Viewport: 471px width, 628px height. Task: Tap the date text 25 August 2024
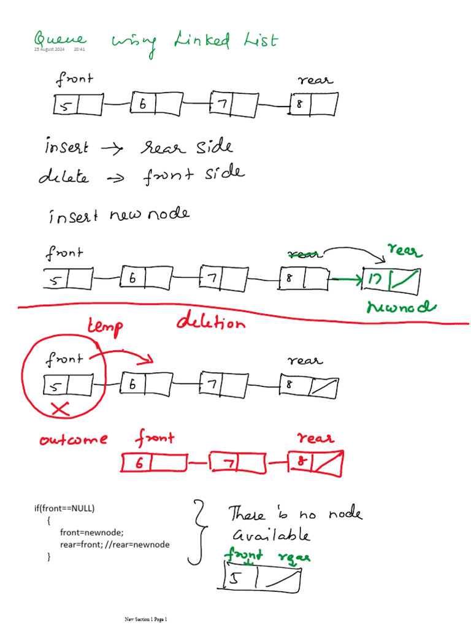pos(49,50)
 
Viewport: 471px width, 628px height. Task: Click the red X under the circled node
pos(61,410)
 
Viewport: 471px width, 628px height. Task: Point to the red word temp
pos(105,327)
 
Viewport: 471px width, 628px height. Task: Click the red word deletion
pos(210,323)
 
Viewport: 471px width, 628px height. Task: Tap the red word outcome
pos(74,439)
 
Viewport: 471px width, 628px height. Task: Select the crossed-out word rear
pos(305,253)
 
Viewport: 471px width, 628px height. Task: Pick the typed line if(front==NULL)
pos(65,508)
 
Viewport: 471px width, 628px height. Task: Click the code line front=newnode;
pos(88,532)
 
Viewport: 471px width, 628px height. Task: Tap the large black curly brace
pos(196,531)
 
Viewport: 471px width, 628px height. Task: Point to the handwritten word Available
pos(270,535)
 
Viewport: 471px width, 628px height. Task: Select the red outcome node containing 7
pos(237,462)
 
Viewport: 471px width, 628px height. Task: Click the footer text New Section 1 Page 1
pos(146,619)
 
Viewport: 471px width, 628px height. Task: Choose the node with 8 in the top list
pos(313,104)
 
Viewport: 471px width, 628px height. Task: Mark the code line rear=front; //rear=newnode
pos(115,544)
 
